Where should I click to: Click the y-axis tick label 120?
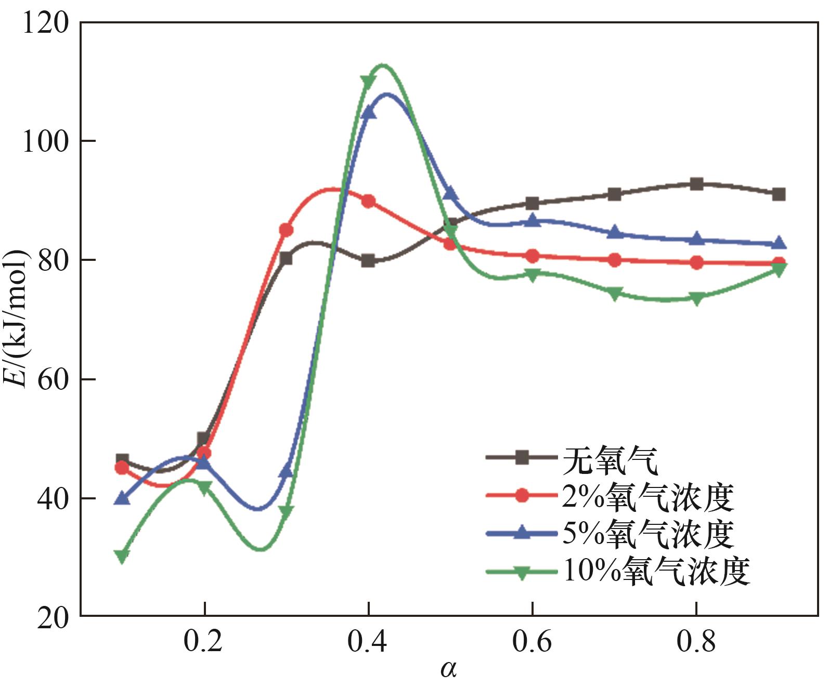pos(46,23)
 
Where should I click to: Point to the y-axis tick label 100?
pos(46,141)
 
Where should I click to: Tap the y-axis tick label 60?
pos(54,380)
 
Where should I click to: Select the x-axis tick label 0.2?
pos(203,642)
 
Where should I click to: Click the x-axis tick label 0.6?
pos(532,642)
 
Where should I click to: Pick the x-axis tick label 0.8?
pos(696,642)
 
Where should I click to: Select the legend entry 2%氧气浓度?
pos(648,497)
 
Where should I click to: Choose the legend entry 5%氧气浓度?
pos(648,534)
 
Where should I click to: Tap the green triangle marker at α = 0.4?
pos(368,82)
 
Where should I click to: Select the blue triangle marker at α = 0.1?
pos(122,497)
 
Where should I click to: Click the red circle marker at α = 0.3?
pos(286,230)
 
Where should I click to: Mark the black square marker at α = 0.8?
pos(696,184)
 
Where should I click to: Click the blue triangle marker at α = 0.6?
pos(532,220)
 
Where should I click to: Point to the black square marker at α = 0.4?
pos(368,260)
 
